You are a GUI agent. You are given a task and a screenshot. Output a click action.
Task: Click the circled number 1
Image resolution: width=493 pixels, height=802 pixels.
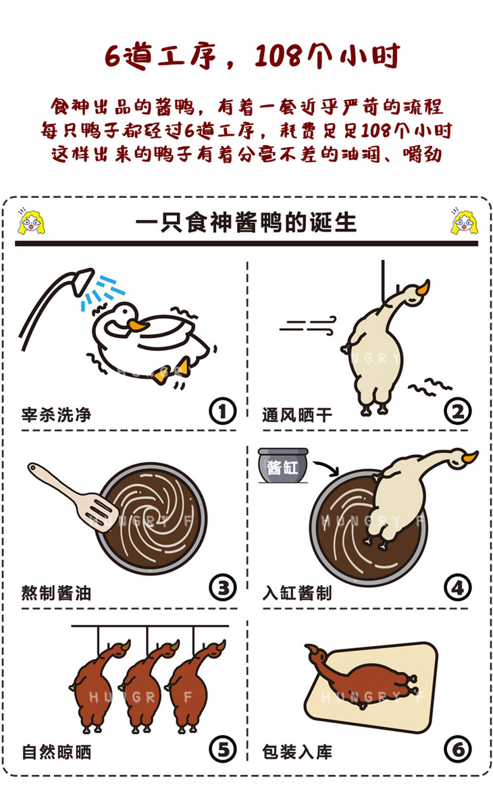point(222,411)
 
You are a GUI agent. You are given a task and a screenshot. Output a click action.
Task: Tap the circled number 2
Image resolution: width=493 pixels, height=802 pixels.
point(457,411)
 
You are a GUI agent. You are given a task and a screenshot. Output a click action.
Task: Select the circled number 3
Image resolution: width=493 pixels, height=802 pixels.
point(223,588)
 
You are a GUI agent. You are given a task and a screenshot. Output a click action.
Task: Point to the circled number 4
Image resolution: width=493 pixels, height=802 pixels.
point(457,588)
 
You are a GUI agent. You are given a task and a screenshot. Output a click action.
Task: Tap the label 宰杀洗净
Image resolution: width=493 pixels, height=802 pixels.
point(56,415)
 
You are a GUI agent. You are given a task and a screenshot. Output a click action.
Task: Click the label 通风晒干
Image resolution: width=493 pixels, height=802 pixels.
point(297,415)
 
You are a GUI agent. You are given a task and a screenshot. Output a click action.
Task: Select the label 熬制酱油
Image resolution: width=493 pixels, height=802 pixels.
point(56,593)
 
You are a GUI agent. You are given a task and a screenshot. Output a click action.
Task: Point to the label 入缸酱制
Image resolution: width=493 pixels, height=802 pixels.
point(297,593)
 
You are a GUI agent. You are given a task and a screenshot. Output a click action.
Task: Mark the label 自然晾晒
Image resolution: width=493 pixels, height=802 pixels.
point(56,752)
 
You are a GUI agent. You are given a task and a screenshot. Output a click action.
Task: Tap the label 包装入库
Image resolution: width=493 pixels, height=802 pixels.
point(297,752)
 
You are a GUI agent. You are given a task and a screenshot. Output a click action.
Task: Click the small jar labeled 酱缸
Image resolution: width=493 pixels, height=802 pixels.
point(284,465)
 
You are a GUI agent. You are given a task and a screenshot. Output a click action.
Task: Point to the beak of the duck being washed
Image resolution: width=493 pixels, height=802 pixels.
point(137,325)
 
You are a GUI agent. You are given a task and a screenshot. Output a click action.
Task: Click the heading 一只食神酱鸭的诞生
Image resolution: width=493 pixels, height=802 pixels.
point(246,223)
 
